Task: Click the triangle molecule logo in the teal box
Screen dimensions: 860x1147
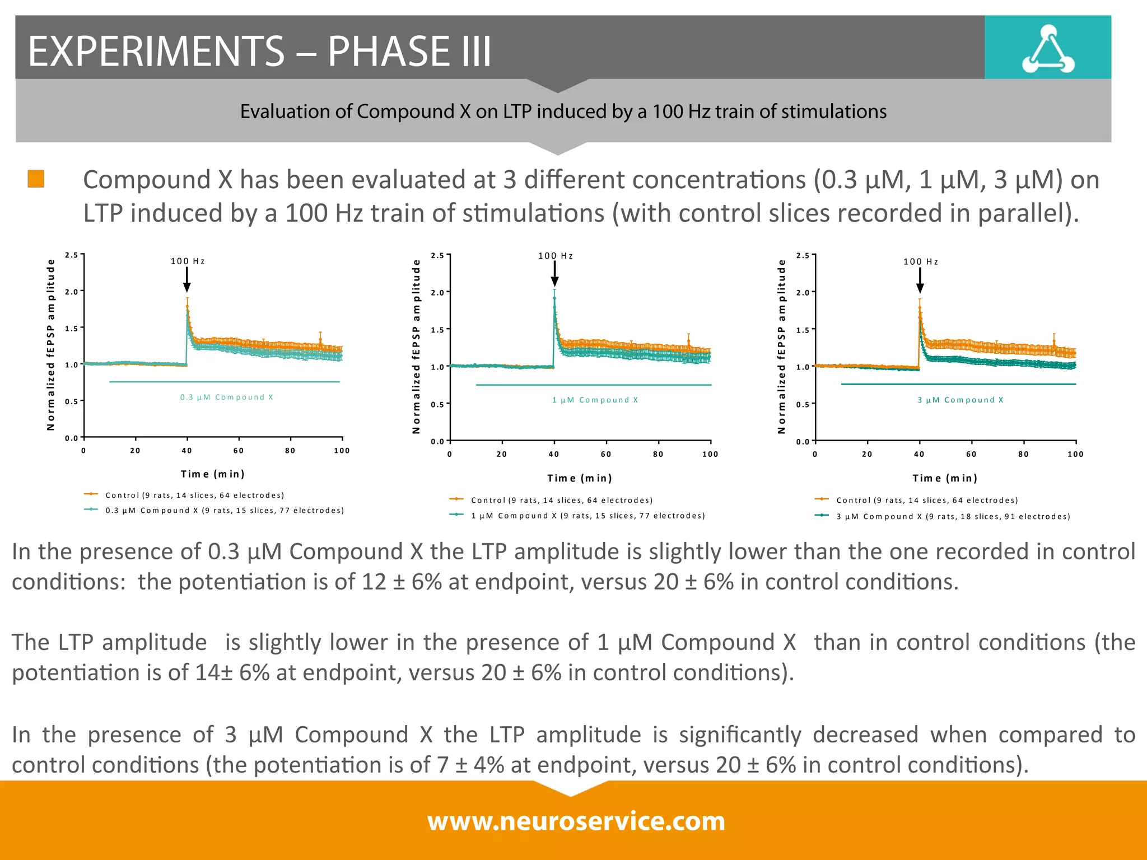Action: [x=1048, y=49]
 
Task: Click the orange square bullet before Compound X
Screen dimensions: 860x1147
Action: [x=36, y=179]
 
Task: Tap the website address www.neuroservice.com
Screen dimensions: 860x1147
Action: [x=576, y=821]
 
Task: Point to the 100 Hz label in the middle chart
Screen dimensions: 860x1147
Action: [x=555, y=256]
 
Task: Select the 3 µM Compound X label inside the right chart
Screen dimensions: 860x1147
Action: [x=960, y=400]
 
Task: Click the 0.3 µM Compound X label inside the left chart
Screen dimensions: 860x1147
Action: [x=226, y=397]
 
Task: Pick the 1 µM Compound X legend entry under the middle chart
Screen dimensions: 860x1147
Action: [x=587, y=516]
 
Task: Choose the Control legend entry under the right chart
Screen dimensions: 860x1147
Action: [x=926, y=500]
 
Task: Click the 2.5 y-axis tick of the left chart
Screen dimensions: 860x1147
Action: [x=71, y=255]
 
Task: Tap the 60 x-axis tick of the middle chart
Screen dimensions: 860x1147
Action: [x=606, y=454]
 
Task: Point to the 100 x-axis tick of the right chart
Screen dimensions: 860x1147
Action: [x=1075, y=454]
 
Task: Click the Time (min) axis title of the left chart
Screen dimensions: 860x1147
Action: [x=212, y=474]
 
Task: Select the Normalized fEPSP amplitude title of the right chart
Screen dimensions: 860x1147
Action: [x=781, y=346]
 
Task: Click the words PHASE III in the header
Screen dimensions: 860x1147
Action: [x=409, y=51]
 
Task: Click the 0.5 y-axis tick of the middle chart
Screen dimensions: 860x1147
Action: [x=437, y=404]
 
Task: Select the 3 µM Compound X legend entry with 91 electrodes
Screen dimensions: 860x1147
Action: [x=952, y=516]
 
